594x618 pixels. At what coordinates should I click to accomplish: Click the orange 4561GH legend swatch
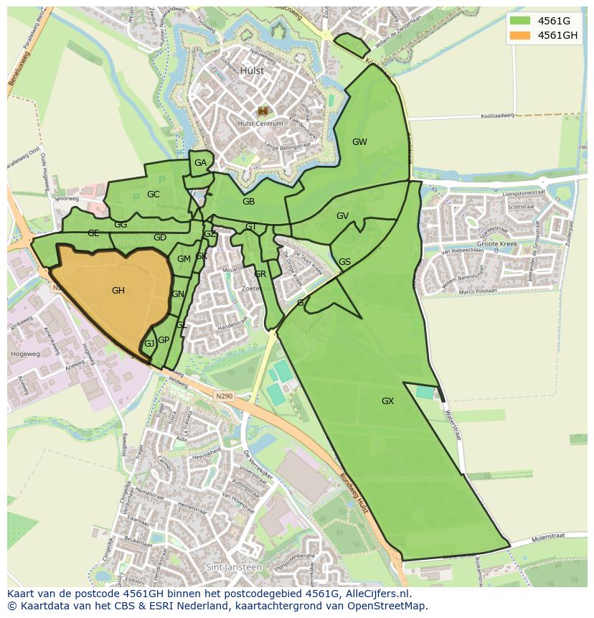pyautogui.click(x=522, y=35)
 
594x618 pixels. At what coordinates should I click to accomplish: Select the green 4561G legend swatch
pyautogui.click(x=522, y=20)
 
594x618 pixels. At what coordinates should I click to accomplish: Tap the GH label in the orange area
pyautogui.click(x=118, y=291)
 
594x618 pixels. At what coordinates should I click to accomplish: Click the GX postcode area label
pyautogui.click(x=387, y=401)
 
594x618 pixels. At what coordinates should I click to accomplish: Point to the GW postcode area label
pyautogui.click(x=359, y=142)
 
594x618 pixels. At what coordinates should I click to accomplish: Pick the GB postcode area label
pyautogui.click(x=248, y=202)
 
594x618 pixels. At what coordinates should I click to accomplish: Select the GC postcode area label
pyautogui.click(x=153, y=195)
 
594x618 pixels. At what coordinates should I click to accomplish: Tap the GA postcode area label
pyautogui.click(x=200, y=163)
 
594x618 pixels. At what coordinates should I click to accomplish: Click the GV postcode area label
pyautogui.click(x=342, y=216)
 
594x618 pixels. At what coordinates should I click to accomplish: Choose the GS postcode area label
pyautogui.click(x=344, y=262)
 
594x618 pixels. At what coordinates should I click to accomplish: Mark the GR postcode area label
pyautogui.click(x=260, y=274)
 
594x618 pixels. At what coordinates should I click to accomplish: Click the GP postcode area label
pyautogui.click(x=164, y=340)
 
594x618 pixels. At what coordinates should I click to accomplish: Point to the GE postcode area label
pyautogui.click(x=93, y=233)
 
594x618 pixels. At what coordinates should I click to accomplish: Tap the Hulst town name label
pyautogui.click(x=252, y=71)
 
